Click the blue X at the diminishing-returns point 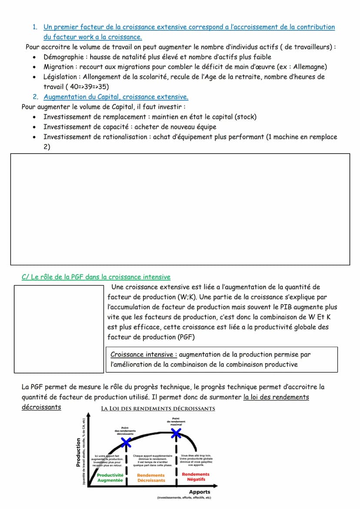pyautogui.click(x=126, y=442)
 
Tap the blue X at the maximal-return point pyautogui.click(x=176, y=433)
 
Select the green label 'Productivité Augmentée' pyautogui.click(x=110, y=478)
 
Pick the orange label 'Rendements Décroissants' pyautogui.click(x=151, y=478)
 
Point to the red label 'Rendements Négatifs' pyautogui.click(x=196, y=476)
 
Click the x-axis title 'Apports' pyautogui.click(x=200, y=492)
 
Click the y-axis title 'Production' pyautogui.click(x=79, y=452)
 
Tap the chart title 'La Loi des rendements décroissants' pyautogui.click(x=158, y=409)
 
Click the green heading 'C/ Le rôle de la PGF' pyautogui.click(x=96, y=277)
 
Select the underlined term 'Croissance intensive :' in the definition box pyautogui.click(x=143, y=355)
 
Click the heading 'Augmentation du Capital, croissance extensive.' pyautogui.click(x=116, y=97)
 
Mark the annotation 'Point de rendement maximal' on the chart pyautogui.click(x=176, y=422)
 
